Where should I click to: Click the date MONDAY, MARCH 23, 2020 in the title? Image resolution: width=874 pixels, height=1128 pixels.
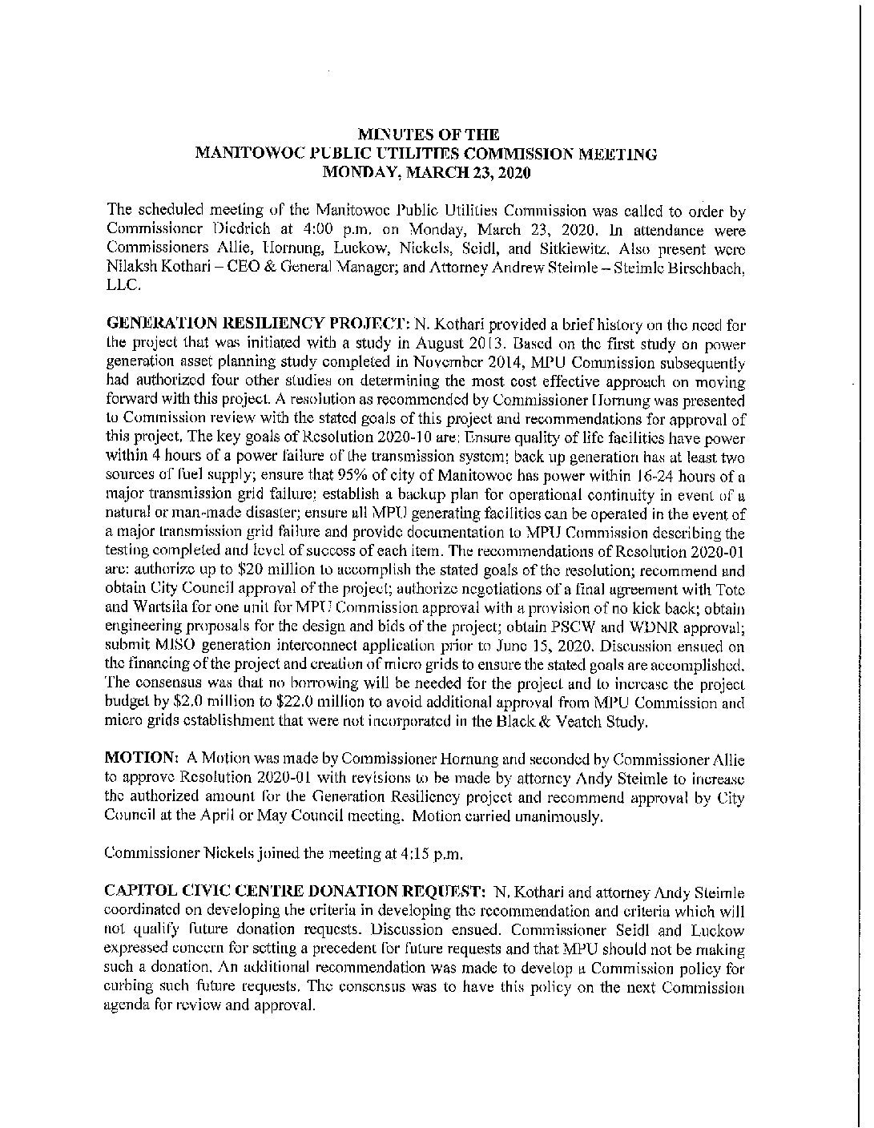click(426, 171)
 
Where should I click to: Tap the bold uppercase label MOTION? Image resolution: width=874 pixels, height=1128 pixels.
click(141, 759)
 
